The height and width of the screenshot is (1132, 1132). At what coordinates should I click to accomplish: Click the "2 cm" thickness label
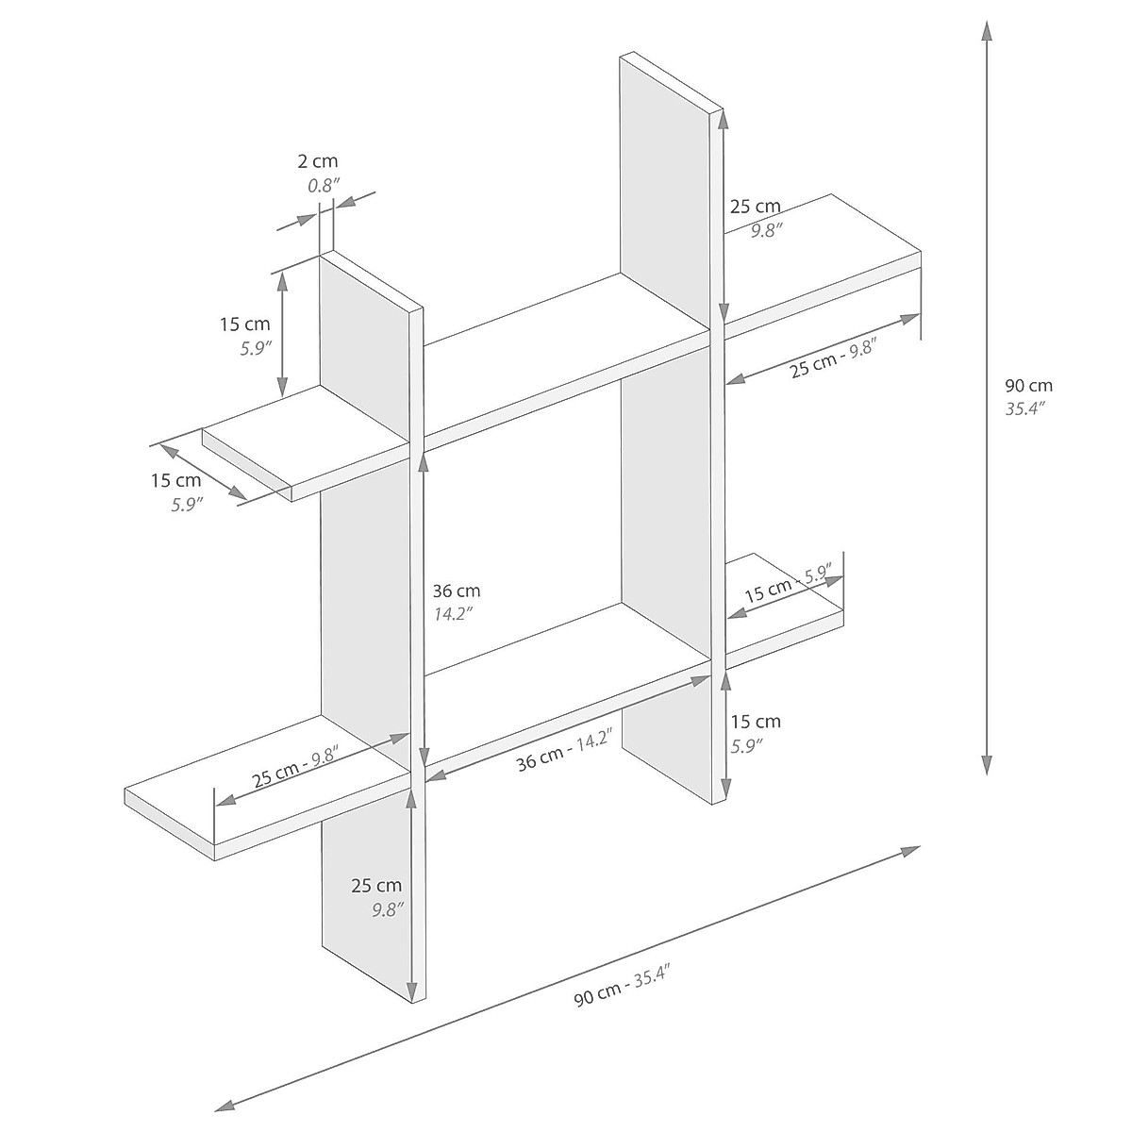317,163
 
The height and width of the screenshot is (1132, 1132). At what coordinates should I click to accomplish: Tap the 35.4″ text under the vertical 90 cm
1026,408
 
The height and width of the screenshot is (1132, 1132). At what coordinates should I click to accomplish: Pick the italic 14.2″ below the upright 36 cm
452,614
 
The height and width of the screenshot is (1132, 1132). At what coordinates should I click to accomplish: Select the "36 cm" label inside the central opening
456,591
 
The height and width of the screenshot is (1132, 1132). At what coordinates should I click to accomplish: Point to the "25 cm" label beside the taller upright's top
755,207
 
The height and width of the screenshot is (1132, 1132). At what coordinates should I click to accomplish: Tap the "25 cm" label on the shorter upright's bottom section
376,886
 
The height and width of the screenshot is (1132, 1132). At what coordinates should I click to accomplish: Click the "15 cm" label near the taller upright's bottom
756,723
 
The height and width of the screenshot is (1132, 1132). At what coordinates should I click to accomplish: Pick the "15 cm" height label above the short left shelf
244,325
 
